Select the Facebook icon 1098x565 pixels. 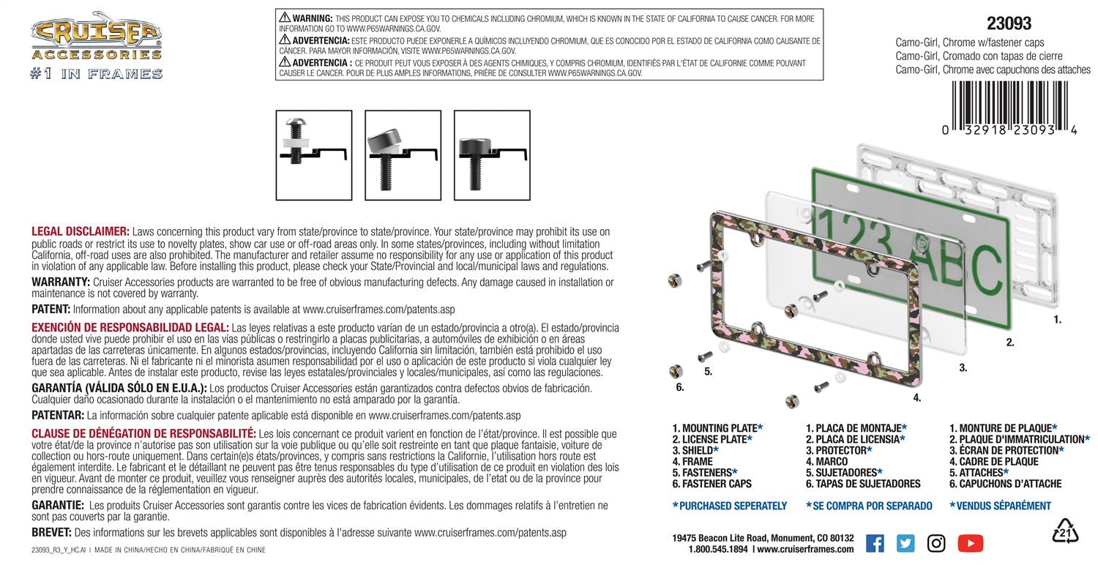[x=875, y=543]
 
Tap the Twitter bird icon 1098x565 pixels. [x=905, y=543]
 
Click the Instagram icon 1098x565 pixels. [x=936, y=543]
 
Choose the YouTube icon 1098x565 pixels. [x=970, y=543]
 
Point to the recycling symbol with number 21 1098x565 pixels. [x=1065, y=532]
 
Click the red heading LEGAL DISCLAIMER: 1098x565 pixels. [x=81, y=231]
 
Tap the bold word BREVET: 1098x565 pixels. [x=51, y=533]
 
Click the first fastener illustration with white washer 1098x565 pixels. [x=314, y=154]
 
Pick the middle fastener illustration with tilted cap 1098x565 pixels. [x=403, y=154]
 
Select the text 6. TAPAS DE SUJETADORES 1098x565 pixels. [x=863, y=483]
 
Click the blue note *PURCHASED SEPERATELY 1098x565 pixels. [x=729, y=506]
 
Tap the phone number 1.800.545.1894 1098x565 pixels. [x=718, y=549]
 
